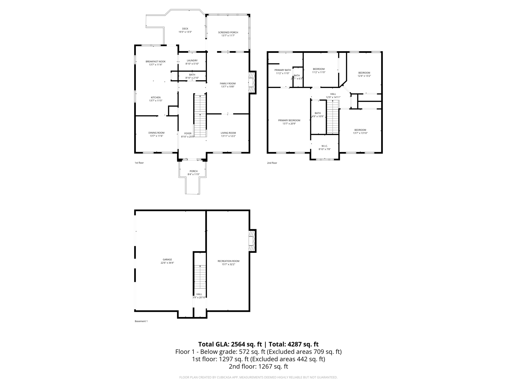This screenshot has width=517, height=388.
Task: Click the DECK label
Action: [x=185, y=29]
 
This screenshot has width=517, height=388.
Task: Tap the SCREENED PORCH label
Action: [x=228, y=32]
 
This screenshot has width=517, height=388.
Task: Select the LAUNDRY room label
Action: [x=192, y=61]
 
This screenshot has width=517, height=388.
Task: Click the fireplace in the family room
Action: [x=252, y=83]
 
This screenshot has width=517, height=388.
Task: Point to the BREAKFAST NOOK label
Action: [x=156, y=62]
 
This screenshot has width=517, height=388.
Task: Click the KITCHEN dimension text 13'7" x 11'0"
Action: [x=156, y=101]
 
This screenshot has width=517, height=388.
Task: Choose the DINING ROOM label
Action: [x=156, y=133]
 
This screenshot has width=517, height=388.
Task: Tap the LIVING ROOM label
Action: [x=228, y=133]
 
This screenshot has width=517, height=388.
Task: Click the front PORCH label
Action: [x=194, y=171]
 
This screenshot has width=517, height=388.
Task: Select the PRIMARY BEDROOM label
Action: [x=289, y=120]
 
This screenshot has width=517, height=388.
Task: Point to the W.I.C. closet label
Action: [x=324, y=146]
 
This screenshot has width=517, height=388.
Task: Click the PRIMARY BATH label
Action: [x=282, y=70]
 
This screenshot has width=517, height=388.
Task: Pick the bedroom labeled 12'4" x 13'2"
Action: [x=364, y=74]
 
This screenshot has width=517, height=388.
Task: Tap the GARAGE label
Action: [x=167, y=259]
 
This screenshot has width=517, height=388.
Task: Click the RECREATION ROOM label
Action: [x=228, y=261]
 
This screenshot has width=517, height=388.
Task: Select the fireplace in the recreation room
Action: [x=252, y=241]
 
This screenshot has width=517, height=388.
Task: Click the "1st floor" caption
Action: [x=139, y=163]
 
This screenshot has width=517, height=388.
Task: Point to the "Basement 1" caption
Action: [x=141, y=321]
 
